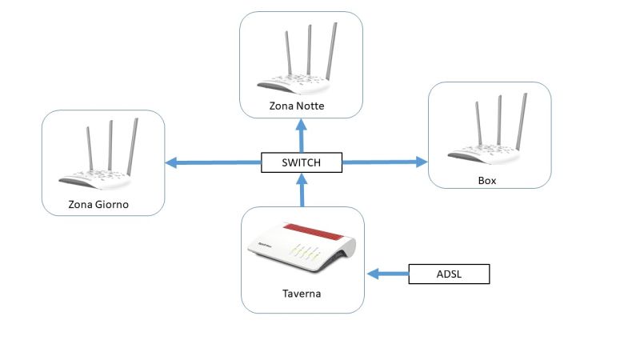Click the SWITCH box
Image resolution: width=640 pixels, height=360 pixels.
pyautogui.click(x=302, y=163)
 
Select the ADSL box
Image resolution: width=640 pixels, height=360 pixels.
pyautogui.click(x=448, y=274)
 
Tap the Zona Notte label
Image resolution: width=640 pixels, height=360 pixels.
pyautogui.click(x=302, y=106)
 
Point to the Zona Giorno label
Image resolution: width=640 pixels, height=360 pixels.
pyautogui.click(x=98, y=206)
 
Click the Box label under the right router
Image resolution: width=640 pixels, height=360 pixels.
pyautogui.click(x=487, y=180)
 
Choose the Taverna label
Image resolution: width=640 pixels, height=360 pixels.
pyautogui.click(x=302, y=294)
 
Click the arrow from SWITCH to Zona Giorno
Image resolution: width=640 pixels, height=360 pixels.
pyautogui.click(x=213, y=163)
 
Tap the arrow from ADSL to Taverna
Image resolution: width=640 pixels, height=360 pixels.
pyautogui.click(x=388, y=274)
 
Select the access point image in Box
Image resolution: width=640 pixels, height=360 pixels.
pyautogui.click(x=488, y=133)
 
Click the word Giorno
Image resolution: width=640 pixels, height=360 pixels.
pyautogui.click(x=112, y=206)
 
